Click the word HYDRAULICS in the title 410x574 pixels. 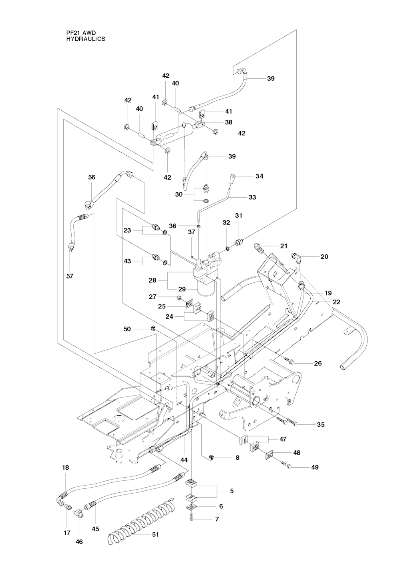click(85, 39)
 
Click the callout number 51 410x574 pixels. click(155, 534)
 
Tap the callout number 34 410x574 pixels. click(260, 176)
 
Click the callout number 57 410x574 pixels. click(70, 276)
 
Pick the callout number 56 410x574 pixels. click(92, 177)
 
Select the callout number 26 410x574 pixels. click(318, 363)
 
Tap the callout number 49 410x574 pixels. click(315, 467)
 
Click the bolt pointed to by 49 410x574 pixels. click(287, 465)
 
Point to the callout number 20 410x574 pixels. click(324, 256)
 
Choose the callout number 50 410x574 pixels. click(127, 329)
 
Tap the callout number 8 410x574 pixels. click(237, 457)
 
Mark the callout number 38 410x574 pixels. click(229, 122)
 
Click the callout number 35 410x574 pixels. click(321, 425)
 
